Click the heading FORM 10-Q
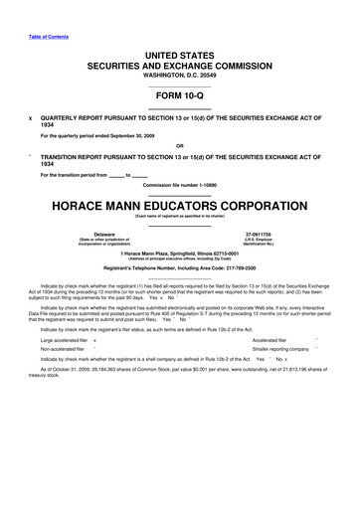pyautogui.click(x=179, y=96)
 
